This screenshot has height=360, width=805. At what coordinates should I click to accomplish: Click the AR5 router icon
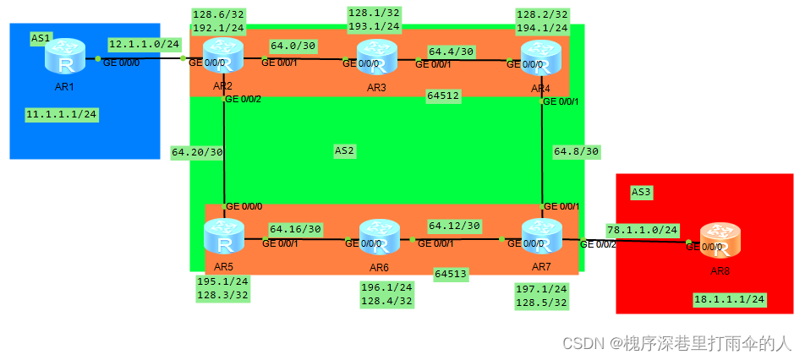coord(224,238)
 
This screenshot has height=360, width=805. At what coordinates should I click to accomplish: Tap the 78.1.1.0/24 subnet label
coord(642,229)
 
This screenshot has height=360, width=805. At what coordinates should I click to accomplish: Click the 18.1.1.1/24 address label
coord(729,299)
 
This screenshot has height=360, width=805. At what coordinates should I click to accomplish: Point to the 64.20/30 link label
coord(196,153)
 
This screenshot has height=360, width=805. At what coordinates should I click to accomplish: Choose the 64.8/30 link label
coord(576,152)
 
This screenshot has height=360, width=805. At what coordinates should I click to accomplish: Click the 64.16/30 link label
coord(295,228)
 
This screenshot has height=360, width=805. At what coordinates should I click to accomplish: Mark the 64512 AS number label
coord(443,95)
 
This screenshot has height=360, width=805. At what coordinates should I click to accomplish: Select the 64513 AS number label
coord(451,274)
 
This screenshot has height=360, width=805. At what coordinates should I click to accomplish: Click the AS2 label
coord(345,150)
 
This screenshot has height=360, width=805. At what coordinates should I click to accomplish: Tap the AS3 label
coord(642,192)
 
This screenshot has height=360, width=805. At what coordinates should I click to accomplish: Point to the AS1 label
coord(41,38)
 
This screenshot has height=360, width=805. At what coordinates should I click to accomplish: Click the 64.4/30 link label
coord(451,51)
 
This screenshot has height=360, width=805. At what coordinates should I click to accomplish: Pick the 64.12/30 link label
coord(454,226)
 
